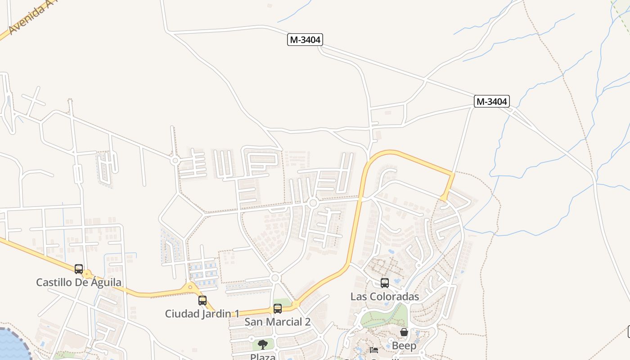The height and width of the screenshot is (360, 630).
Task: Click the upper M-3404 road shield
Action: tap(305, 40)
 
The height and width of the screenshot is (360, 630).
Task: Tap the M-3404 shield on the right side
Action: tap(491, 102)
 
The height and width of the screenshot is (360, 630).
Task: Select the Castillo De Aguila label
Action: tap(79, 283)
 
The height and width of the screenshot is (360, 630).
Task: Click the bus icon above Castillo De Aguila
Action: tap(79, 269)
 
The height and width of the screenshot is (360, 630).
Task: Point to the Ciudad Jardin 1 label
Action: tap(202, 314)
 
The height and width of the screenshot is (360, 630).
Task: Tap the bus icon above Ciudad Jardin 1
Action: tap(202, 300)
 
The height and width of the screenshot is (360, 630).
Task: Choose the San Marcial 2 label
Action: tap(277, 322)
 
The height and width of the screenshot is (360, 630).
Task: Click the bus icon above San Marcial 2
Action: tap(278, 309)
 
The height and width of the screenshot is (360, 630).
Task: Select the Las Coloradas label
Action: tap(385, 297)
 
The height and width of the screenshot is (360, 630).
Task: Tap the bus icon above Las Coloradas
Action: tap(385, 283)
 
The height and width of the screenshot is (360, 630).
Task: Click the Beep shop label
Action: tap(404, 346)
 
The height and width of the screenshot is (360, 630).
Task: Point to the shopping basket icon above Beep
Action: tap(404, 332)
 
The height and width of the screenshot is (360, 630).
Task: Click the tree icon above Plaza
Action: tap(263, 345)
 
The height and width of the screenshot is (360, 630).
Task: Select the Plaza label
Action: tap(263, 356)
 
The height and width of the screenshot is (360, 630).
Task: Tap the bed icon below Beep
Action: tap(373, 350)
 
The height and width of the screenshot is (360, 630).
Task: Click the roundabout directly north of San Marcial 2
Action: tap(275, 278)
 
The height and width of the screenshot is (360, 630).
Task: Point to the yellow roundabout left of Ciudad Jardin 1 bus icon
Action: tap(190, 287)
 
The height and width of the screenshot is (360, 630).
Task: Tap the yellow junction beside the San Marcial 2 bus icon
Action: tap(296, 305)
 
